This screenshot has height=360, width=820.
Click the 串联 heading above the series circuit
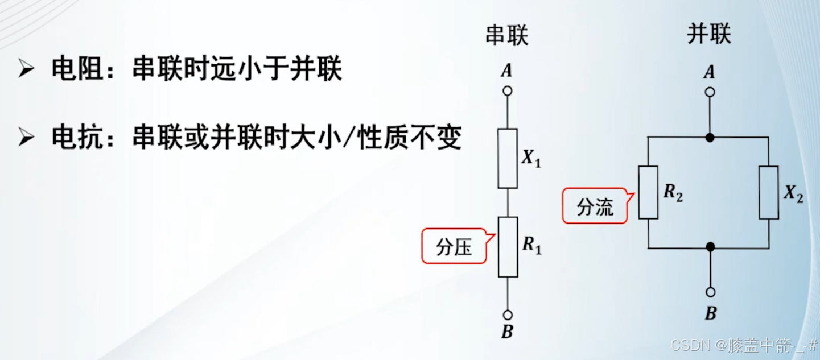(506, 36)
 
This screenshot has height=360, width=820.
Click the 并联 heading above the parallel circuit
(708, 35)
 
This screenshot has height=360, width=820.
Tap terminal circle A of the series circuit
(508, 90)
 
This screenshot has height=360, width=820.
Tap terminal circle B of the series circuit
(508, 315)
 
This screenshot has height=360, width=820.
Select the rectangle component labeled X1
(508, 158)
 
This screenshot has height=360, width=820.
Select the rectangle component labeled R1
(508, 247)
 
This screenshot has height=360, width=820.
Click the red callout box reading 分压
(454, 246)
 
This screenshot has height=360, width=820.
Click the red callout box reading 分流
(595, 206)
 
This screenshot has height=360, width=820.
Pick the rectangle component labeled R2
(648, 192)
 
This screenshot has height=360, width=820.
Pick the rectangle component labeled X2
(769, 192)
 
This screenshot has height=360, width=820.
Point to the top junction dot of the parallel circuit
(710, 138)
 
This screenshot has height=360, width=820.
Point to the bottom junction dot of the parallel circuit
(710, 247)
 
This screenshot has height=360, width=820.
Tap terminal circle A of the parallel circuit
(710, 92)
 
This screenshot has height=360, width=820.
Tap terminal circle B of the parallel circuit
(710, 292)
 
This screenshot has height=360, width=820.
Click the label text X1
(531, 159)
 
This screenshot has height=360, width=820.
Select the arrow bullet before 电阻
(26, 71)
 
